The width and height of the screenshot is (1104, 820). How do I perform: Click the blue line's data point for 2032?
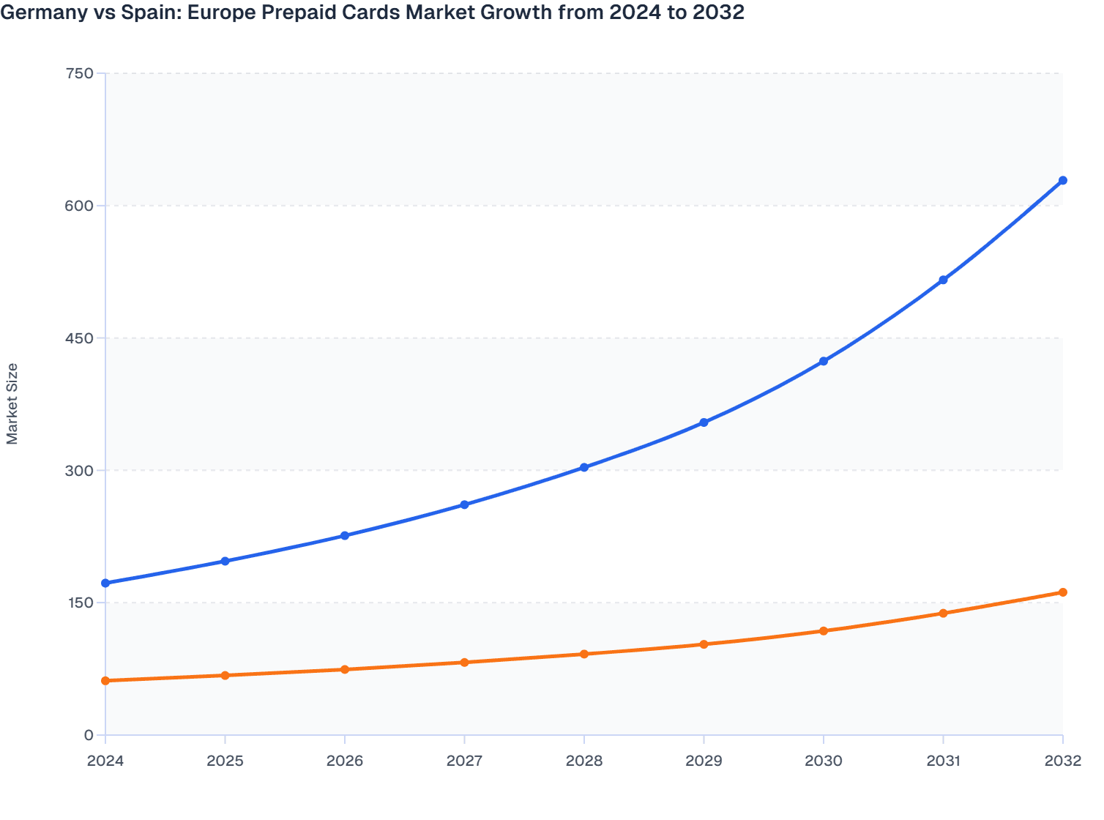tap(1062, 180)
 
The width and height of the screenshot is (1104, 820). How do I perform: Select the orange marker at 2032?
tap(1062, 592)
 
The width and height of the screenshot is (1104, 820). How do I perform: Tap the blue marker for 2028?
tap(584, 467)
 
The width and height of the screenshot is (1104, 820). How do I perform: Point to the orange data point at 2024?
tap(105, 681)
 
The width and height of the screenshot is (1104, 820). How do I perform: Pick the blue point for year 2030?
tap(824, 361)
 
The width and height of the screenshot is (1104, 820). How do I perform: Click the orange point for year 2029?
tap(704, 644)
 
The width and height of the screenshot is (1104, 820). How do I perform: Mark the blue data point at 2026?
tap(345, 536)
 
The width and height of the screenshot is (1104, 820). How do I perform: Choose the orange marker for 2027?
tap(464, 663)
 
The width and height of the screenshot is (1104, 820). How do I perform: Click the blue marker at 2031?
tap(943, 280)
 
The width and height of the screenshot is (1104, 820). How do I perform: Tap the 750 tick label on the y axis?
tap(79, 73)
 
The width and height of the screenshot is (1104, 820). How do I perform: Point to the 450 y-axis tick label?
tap(79, 338)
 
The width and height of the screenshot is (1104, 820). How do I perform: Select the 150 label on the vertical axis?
tap(79, 603)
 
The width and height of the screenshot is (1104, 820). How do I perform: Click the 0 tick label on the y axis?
tap(89, 735)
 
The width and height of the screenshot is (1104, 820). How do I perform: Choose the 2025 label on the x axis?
tap(225, 761)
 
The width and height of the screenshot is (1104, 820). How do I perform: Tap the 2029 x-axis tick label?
tap(704, 761)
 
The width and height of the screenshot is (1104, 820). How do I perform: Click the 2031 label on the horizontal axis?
tap(943, 761)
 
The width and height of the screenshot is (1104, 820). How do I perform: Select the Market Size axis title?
tap(12, 403)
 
